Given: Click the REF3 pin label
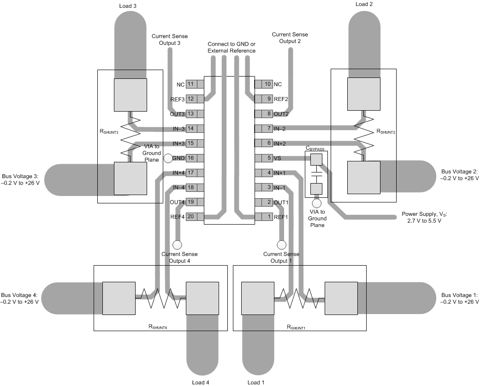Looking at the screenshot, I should (177, 99).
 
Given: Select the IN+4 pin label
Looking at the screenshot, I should (178, 173).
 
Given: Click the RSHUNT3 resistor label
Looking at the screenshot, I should (112, 132).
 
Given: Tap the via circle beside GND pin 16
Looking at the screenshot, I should (168, 158).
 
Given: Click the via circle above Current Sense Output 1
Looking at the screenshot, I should (280, 244).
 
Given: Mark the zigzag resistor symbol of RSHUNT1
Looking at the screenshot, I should (300, 299).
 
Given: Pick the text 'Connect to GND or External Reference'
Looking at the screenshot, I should (232, 47).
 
